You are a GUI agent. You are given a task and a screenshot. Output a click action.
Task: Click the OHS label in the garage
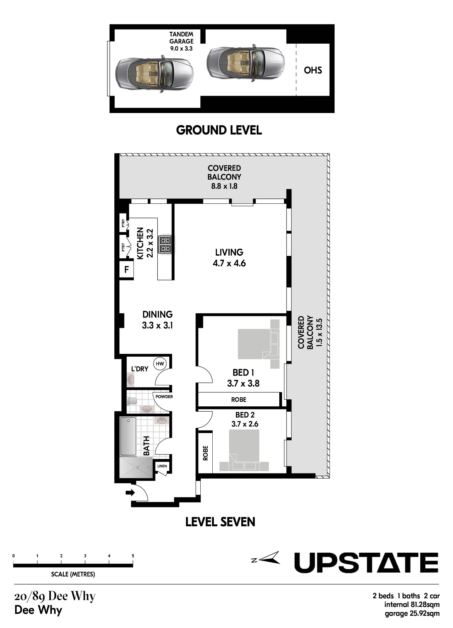[313, 70]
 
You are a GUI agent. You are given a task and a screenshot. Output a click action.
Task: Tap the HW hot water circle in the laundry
[160, 364]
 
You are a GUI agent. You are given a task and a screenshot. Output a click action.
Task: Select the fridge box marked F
[127, 269]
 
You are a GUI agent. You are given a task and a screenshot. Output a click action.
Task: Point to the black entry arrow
[130, 493]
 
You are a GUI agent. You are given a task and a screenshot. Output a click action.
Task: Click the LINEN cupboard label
[162, 466]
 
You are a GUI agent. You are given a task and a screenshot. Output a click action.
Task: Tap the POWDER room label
[164, 397]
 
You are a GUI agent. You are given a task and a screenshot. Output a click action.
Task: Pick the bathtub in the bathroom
[128, 436]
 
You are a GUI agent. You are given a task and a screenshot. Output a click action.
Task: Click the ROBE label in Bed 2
[205, 453]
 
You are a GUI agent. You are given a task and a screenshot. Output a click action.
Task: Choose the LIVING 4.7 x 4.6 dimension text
[229, 263]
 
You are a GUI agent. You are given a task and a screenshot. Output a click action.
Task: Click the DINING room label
[157, 314]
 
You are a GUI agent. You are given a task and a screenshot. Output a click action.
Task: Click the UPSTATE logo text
[366, 563]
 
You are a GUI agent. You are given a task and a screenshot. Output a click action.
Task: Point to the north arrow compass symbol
[266, 558]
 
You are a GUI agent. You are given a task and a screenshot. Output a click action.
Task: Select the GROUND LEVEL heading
[219, 130]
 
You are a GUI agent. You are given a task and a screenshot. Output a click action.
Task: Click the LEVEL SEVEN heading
[220, 522]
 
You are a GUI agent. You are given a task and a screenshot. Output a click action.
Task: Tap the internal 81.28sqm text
[412, 604]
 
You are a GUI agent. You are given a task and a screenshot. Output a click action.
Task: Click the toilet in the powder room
[132, 401]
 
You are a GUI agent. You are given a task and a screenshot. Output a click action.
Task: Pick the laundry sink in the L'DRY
[131, 380]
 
